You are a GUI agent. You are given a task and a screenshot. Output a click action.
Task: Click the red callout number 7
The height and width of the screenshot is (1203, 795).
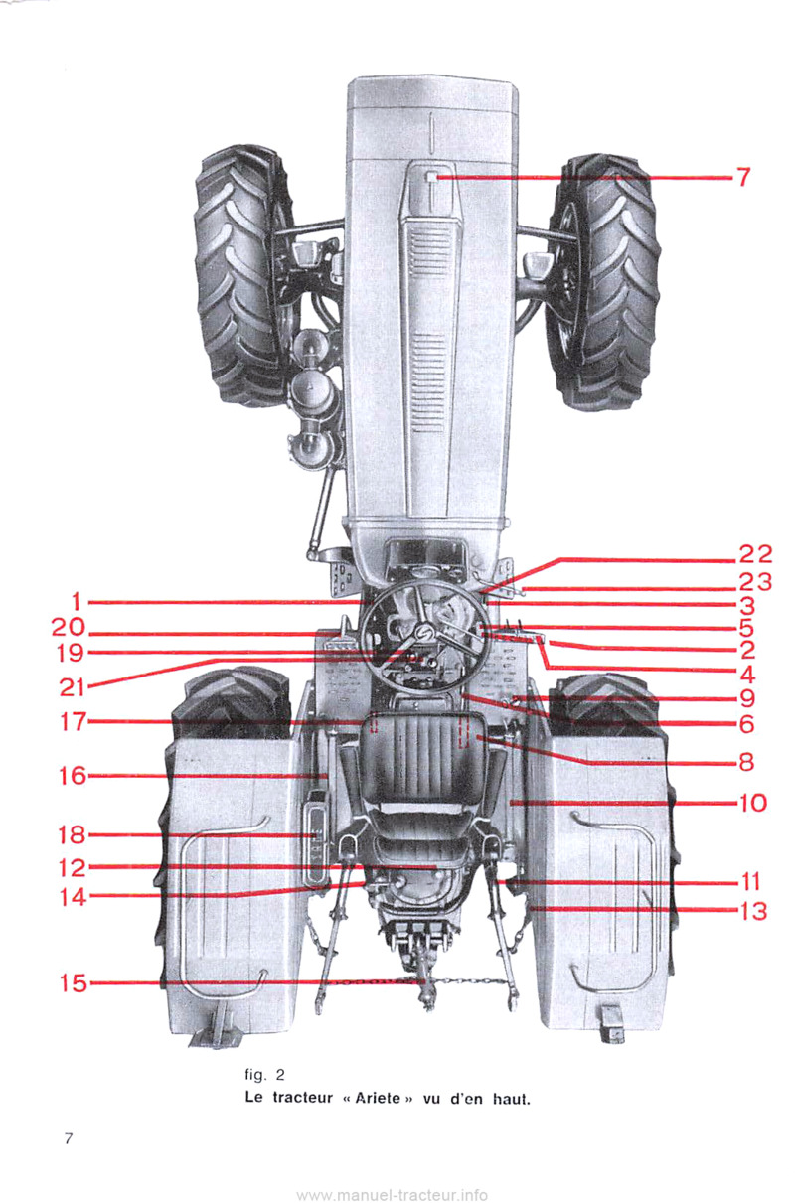click(x=742, y=178)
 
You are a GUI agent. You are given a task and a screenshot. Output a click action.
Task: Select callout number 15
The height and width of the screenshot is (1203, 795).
click(x=73, y=984)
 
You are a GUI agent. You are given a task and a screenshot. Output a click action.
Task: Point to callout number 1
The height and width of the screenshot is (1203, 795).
click(x=76, y=601)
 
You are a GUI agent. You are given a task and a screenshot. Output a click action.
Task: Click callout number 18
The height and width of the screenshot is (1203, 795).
click(x=73, y=835)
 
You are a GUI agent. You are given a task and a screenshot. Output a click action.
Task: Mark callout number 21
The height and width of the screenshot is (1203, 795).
click(x=73, y=686)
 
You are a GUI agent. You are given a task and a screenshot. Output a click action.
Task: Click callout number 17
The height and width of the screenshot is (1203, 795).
click(x=73, y=721)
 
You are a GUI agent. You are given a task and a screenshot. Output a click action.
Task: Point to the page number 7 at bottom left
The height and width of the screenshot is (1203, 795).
click(x=70, y=1139)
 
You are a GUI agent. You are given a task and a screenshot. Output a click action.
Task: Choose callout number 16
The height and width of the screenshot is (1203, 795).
click(x=73, y=776)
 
